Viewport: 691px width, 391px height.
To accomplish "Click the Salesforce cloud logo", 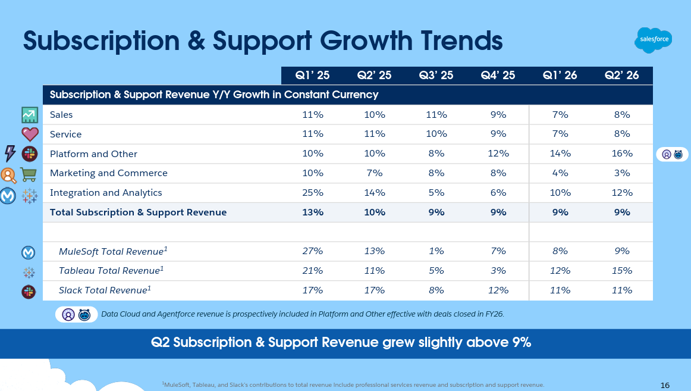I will click(x=653, y=40).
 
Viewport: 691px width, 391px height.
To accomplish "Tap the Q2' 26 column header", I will click(x=621, y=75).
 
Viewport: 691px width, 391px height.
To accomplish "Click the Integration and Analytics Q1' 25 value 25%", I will click(x=313, y=193).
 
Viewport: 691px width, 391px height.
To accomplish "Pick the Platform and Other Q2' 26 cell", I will click(x=621, y=154).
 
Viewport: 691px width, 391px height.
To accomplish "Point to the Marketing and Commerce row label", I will click(x=109, y=173).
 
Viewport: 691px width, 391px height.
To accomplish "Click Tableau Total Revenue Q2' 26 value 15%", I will click(x=621, y=271).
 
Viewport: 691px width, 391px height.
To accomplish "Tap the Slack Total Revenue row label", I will click(x=105, y=290).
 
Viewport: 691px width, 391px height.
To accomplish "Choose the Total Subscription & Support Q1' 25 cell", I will click(x=313, y=212).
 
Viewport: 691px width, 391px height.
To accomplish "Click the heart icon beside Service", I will click(x=30, y=134).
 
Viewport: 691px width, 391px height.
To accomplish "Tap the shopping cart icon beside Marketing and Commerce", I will click(x=30, y=174).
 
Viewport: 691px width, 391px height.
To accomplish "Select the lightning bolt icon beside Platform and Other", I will click(x=10, y=154).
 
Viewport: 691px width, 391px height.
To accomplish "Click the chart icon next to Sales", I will click(x=30, y=114).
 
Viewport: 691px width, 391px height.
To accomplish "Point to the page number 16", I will click(x=665, y=384).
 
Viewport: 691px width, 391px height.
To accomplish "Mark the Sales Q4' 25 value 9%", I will click(x=498, y=114).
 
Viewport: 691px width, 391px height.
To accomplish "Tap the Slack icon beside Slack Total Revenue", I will click(x=29, y=291).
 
